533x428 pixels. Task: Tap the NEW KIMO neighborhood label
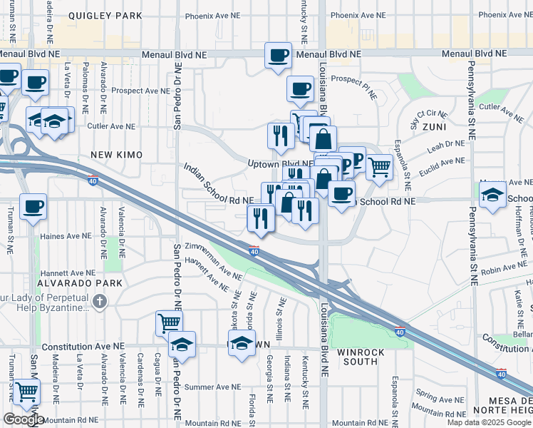[x=116, y=155]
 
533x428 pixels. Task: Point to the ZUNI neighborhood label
[x=435, y=127]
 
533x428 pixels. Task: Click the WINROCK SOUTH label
[x=361, y=357]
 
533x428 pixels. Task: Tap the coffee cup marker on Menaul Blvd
[x=279, y=55]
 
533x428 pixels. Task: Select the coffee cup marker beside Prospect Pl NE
[x=300, y=88]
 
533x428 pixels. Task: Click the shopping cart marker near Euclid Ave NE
[x=379, y=166]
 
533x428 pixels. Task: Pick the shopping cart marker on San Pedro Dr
[x=169, y=322]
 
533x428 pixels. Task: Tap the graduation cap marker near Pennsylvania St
[x=492, y=195]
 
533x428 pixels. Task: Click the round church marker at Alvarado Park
[x=99, y=301]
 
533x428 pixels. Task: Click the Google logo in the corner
[x=23, y=419]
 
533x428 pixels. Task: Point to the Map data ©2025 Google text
[x=489, y=422]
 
